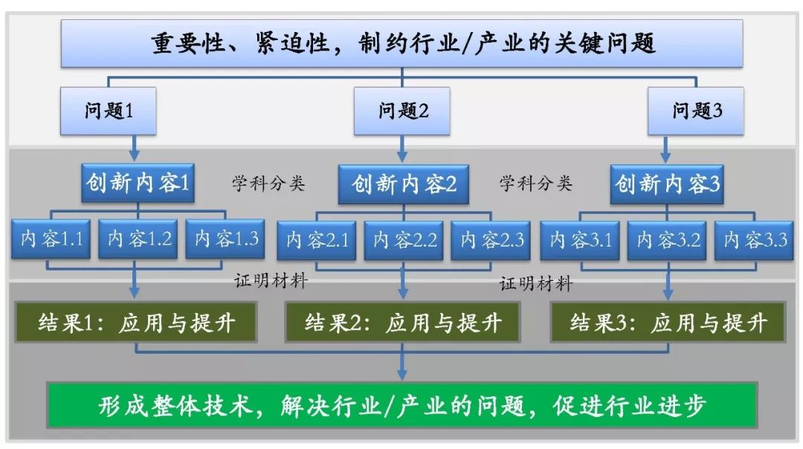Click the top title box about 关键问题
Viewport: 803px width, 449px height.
coord(401,43)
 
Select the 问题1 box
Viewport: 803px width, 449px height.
coord(109,112)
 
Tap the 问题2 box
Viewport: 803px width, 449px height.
coord(402,112)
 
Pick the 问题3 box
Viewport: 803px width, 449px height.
coord(696,112)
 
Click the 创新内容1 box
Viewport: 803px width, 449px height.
coord(138,183)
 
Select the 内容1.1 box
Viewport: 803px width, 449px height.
coord(51,239)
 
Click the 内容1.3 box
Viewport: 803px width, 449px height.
coord(226,239)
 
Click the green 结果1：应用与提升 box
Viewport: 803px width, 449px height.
coord(137,323)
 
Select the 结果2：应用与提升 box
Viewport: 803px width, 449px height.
coord(402,323)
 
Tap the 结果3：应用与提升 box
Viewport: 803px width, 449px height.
coord(668,323)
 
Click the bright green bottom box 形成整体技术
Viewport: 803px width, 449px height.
coord(402,405)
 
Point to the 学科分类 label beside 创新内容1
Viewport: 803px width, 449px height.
coord(268,183)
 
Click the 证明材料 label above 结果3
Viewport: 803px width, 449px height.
coord(535,283)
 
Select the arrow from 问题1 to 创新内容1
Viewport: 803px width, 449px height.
coord(135,148)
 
